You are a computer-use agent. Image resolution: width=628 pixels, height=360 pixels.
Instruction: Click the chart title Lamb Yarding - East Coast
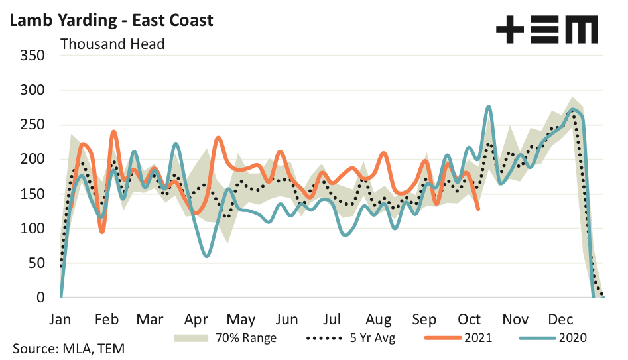click(x=111, y=20)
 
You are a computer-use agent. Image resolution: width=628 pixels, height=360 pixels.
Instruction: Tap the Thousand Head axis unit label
click(x=112, y=44)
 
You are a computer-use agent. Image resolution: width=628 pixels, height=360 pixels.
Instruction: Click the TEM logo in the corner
click(x=547, y=30)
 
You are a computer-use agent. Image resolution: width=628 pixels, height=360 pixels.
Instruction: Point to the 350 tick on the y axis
click(x=32, y=55)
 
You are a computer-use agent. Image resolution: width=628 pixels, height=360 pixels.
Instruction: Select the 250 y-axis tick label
click(x=32, y=125)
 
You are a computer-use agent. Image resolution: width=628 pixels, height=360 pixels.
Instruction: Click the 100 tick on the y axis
click(x=32, y=229)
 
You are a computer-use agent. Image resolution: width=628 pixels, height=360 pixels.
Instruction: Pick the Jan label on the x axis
click(x=61, y=318)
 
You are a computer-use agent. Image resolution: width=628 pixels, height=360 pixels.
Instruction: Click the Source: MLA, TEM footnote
click(x=68, y=349)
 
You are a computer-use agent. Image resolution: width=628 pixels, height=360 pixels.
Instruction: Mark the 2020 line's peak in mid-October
click(x=489, y=106)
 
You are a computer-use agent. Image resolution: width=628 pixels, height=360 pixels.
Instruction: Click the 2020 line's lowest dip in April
click(x=208, y=256)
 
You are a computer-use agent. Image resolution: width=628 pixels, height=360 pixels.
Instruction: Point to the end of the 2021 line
click(x=479, y=210)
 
